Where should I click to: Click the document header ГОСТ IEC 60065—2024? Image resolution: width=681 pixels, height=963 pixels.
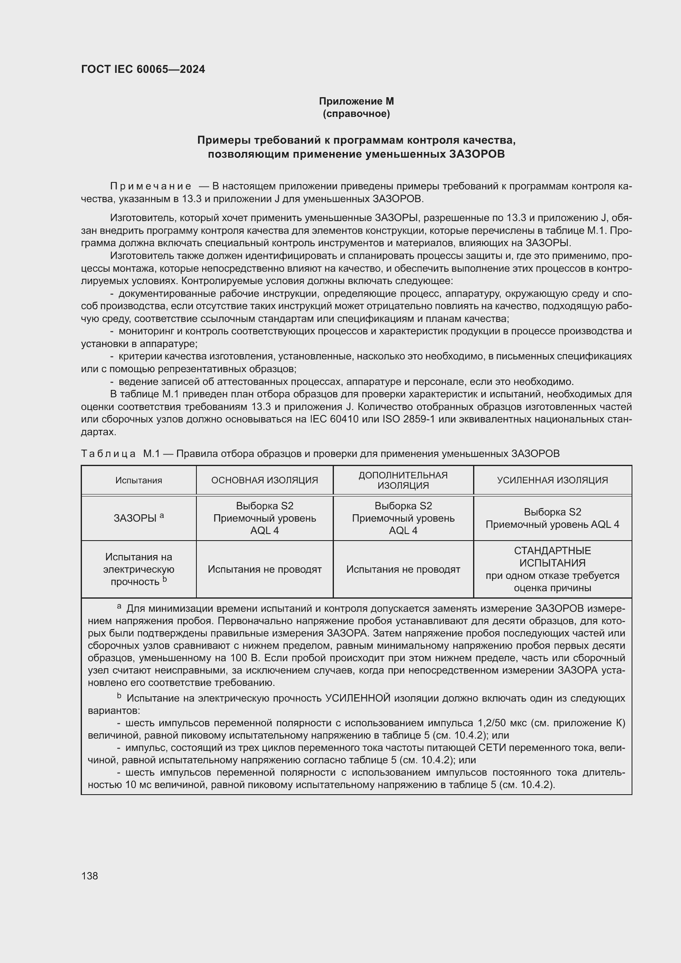pos(143,69)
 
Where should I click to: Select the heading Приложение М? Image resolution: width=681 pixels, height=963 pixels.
pos(356,101)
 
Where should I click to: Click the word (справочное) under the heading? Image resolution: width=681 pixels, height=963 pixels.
pos(356,114)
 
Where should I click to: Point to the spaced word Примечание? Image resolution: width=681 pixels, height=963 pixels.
pos(151,186)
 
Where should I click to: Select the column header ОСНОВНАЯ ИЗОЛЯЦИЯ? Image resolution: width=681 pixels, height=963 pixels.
pos(265,480)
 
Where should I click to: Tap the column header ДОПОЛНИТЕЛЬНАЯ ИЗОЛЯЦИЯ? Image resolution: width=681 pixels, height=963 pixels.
pos(403,480)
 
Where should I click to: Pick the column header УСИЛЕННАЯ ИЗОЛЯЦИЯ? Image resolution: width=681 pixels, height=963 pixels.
pos(552,480)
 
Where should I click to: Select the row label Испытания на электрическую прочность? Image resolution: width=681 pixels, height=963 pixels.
pos(138,569)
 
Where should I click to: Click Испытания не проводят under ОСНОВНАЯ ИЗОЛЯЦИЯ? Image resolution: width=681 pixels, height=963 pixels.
pos(265,569)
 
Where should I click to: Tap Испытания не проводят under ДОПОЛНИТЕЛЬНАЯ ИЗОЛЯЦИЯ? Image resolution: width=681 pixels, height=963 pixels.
pos(403,569)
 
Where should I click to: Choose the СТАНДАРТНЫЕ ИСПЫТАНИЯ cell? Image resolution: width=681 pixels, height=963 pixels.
pos(552,557)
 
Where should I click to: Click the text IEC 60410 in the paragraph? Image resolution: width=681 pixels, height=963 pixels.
pos(334,419)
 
